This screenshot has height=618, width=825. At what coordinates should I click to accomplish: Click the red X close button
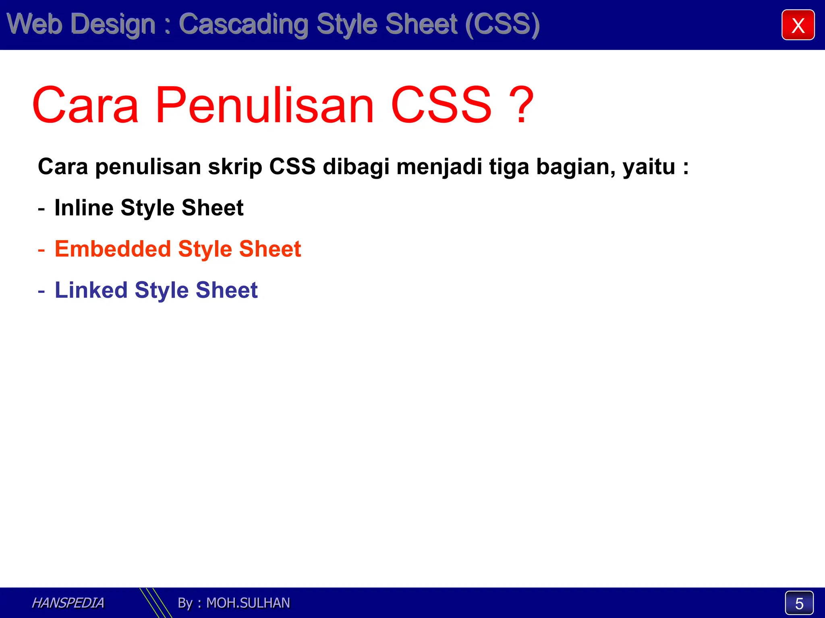click(x=798, y=25)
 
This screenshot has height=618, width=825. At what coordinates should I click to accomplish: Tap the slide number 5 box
click(x=799, y=603)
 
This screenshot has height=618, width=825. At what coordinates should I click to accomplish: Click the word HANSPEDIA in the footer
click(x=68, y=603)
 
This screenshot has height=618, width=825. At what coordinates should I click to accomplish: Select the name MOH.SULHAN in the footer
click(x=248, y=603)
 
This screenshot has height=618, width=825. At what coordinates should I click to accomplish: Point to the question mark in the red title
click(x=521, y=105)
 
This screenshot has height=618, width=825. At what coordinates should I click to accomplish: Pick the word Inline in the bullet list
click(x=84, y=208)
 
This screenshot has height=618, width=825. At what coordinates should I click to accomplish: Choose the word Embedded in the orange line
click(x=113, y=249)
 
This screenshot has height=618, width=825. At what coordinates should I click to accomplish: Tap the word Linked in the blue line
click(x=91, y=290)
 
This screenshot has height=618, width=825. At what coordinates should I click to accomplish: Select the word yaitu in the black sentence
click(x=649, y=167)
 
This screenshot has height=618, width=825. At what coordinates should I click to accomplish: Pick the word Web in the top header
click(x=34, y=24)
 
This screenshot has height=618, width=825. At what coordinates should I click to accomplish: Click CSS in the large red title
click(x=441, y=105)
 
